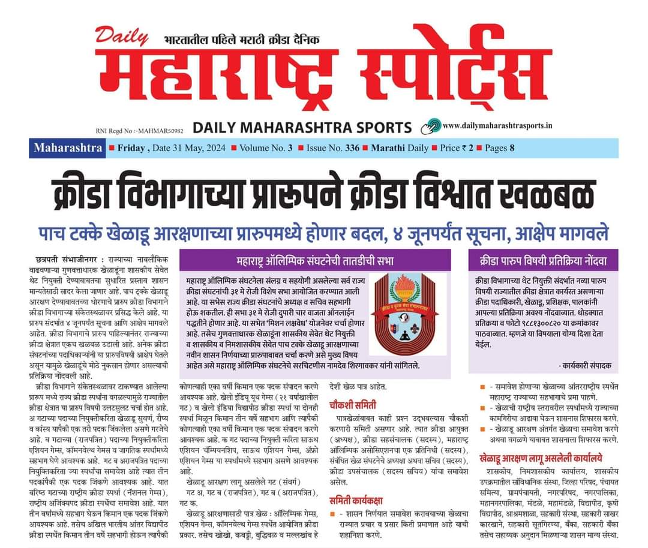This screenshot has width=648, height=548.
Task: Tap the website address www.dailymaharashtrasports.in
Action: click(497, 125)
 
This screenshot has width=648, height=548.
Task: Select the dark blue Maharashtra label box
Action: click(68, 148)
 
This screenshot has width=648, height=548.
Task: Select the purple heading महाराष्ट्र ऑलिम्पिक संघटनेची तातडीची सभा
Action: click(315, 261)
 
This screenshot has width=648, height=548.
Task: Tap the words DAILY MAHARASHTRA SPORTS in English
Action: click(302, 127)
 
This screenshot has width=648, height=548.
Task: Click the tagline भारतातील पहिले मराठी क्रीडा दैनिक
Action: click(242, 41)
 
